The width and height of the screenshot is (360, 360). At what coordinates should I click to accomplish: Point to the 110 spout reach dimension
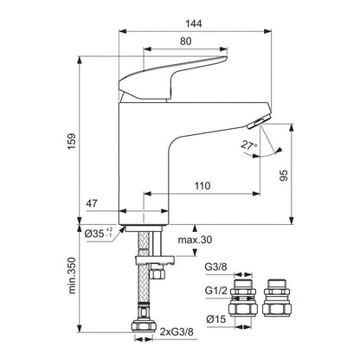coord(202,186)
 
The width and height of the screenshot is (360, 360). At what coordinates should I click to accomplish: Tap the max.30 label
coord(196,240)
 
